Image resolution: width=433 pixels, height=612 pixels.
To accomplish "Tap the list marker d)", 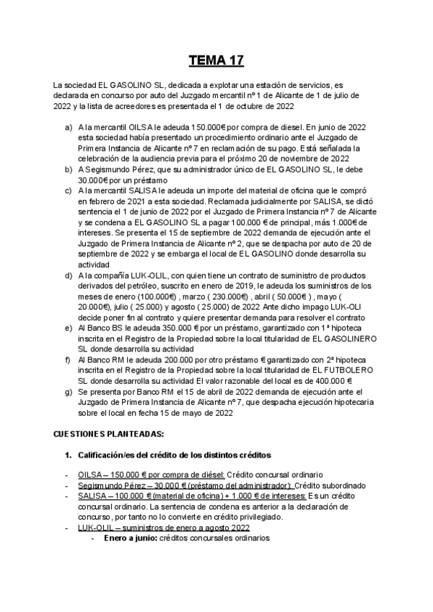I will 69,275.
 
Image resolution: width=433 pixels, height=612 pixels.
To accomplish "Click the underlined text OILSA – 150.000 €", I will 118,475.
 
